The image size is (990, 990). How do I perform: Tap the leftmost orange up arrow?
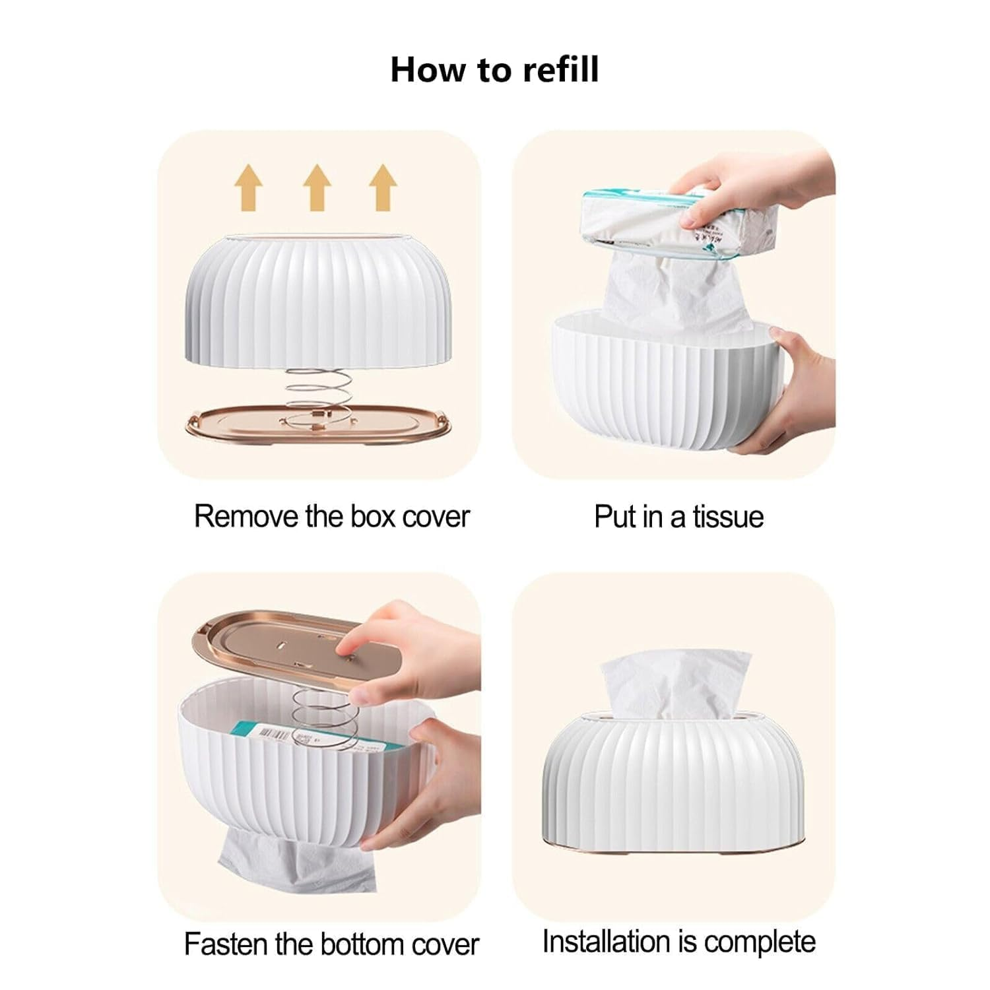249,187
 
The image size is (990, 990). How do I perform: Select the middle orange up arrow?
317,187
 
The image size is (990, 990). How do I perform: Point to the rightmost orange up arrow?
383,187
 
